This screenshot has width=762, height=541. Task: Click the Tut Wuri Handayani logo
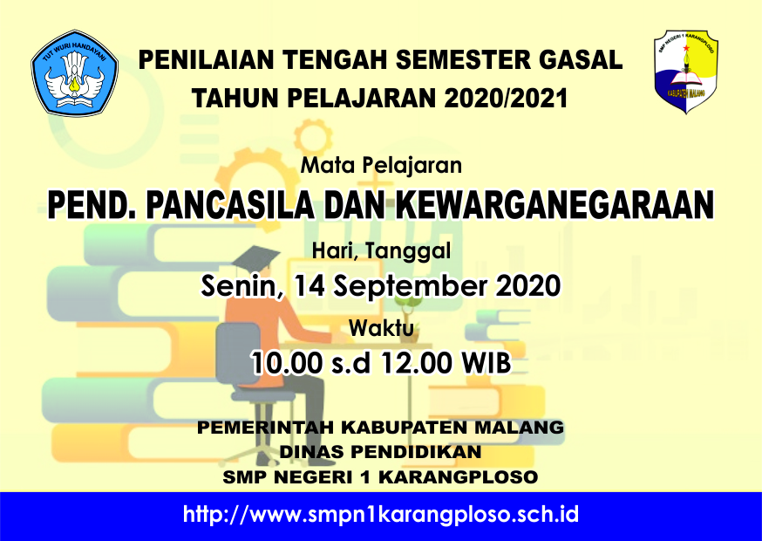[74, 73]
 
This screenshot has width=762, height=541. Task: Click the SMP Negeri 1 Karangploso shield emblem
[685, 72]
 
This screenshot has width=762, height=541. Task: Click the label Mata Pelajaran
[382, 166]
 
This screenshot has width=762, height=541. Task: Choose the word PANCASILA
[231, 205]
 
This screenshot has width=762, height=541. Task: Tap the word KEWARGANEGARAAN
[554, 205]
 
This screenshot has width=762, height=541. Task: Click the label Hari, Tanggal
[382, 251]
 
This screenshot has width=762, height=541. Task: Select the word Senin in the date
[241, 285]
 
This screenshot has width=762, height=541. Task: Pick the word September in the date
[410, 286]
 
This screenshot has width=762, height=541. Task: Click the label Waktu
[382, 328]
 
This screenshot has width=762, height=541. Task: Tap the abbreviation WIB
[486, 363]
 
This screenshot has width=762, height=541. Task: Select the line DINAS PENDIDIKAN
[380, 452]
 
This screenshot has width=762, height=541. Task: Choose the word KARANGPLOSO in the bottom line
[459, 477]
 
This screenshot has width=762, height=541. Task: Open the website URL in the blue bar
[381, 515]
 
